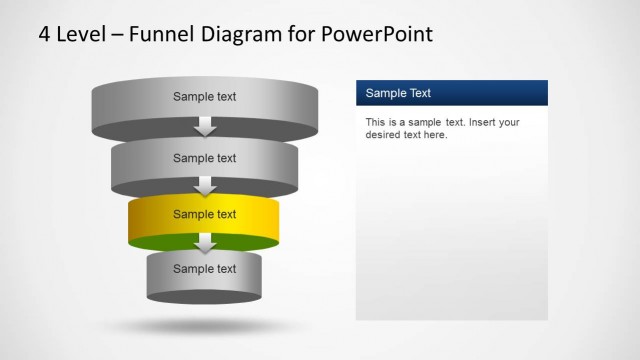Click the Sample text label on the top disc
click(x=204, y=97)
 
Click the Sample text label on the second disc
click(x=204, y=157)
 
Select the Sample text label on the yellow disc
click(x=204, y=214)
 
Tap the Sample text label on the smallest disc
click(x=204, y=268)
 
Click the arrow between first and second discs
click(x=205, y=126)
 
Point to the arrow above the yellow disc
click(x=205, y=185)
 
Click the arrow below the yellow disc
click(x=205, y=243)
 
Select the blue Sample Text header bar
click(x=452, y=93)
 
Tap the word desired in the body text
click(x=384, y=135)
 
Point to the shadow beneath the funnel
click(x=204, y=326)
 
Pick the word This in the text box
click(x=376, y=122)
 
